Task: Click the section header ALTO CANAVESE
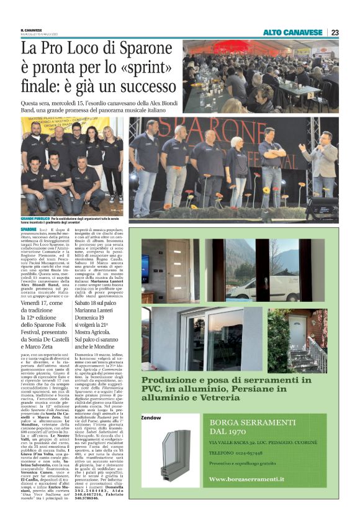[292, 32]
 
